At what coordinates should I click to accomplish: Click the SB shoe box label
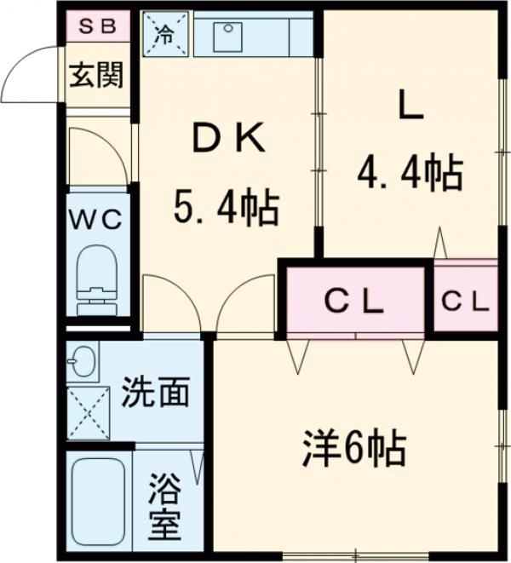click(x=98, y=25)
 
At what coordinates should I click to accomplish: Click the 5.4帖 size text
click(x=227, y=207)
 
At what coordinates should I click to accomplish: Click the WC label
click(x=96, y=219)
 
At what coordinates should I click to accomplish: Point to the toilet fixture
click(x=96, y=281)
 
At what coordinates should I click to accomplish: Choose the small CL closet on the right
click(x=465, y=300)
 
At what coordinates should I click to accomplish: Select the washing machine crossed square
click(x=89, y=412)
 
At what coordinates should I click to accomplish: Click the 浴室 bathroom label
click(x=165, y=508)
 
